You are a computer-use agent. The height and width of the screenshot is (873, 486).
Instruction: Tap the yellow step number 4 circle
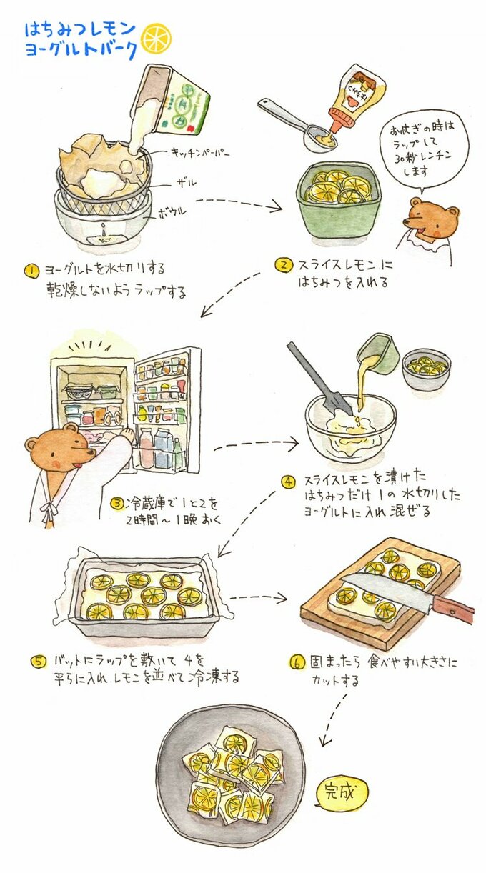click(288, 481)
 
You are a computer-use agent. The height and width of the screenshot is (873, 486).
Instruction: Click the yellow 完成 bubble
click(342, 790)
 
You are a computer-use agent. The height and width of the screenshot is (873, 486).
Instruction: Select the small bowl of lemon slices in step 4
click(425, 369)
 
